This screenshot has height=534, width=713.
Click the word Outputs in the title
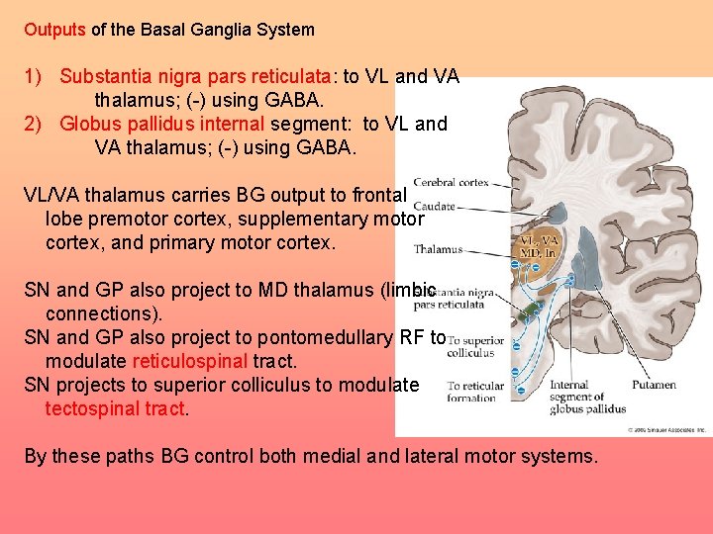coord(55,30)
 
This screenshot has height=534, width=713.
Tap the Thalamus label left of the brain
coord(438,249)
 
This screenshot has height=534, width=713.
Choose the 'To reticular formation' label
coord(475,392)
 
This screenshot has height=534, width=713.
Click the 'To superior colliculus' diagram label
coord(475,346)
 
